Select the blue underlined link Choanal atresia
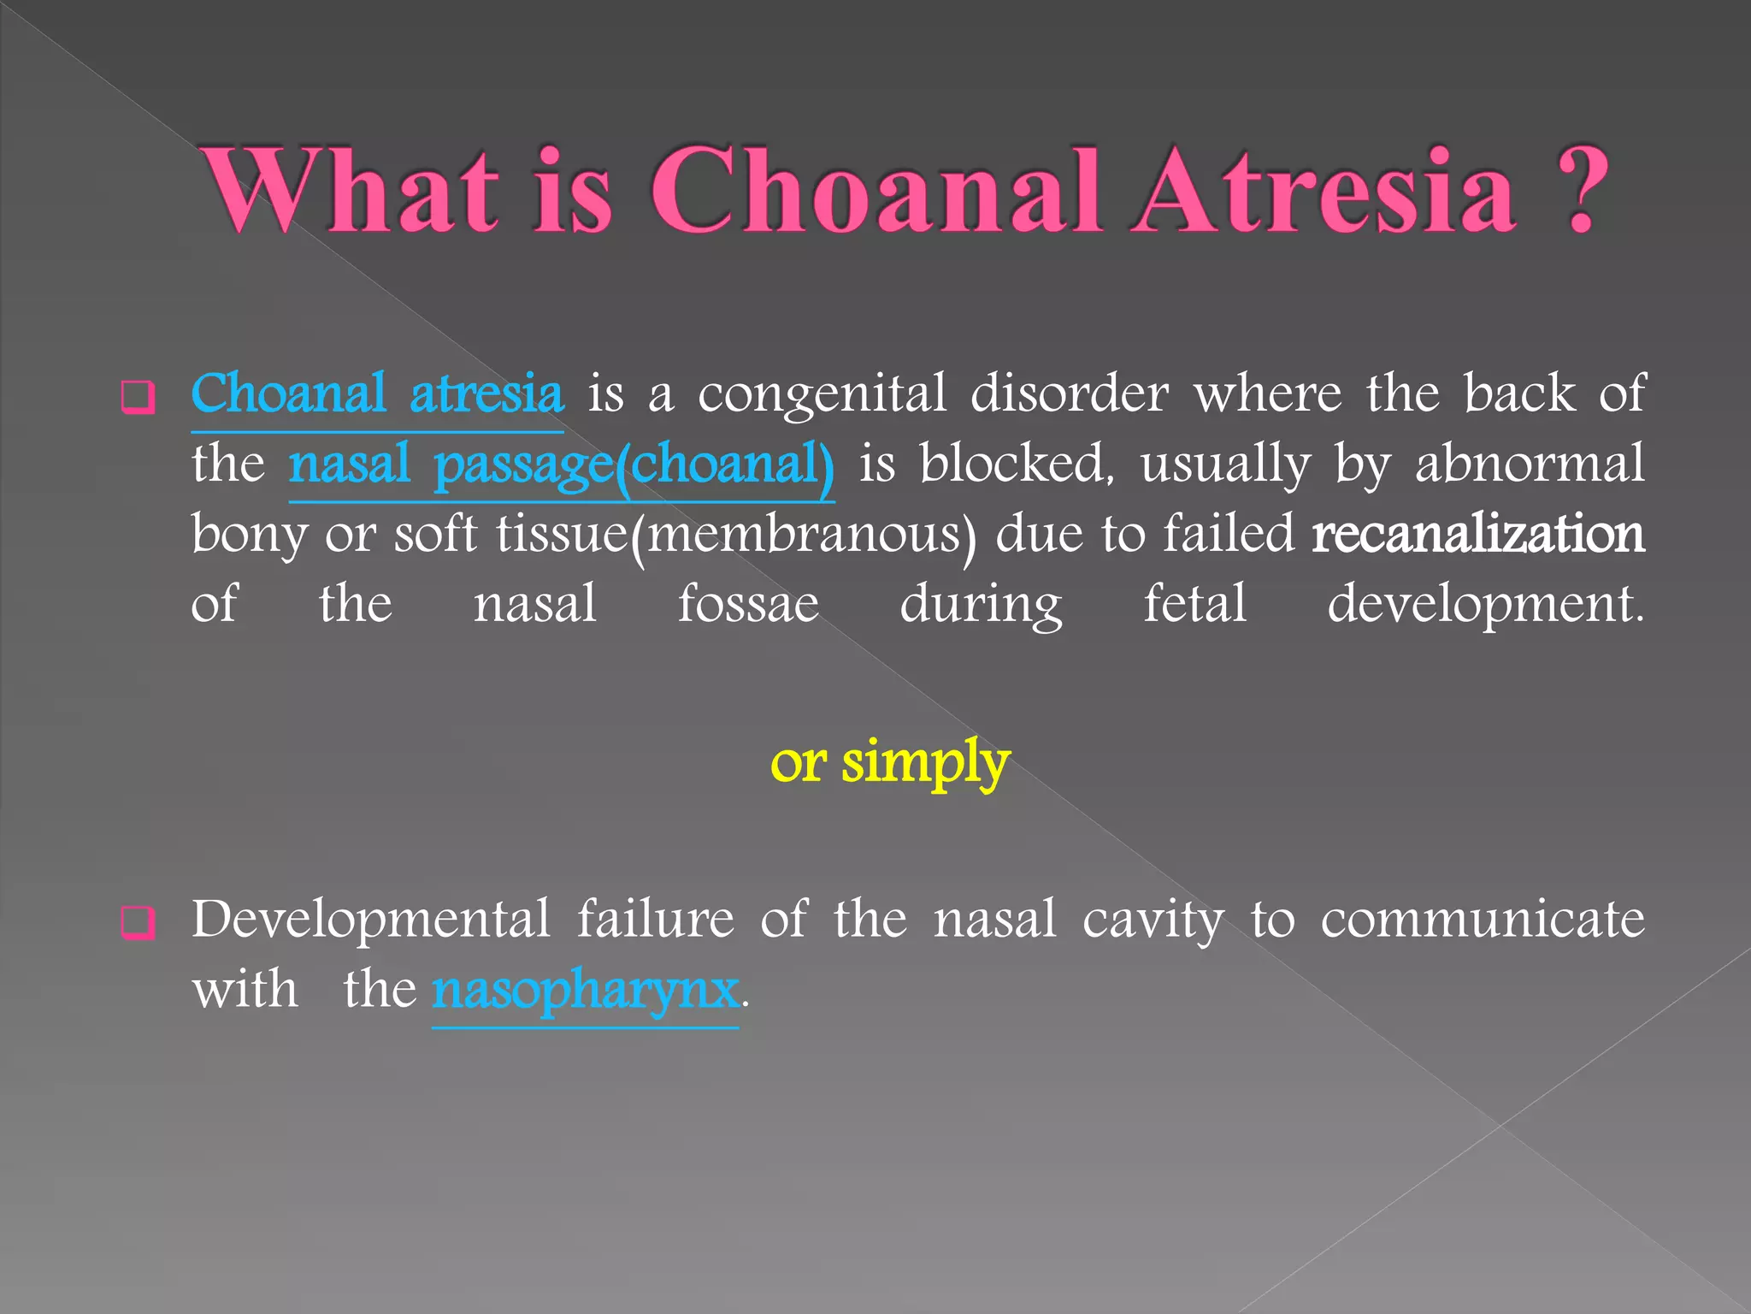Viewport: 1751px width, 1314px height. point(377,394)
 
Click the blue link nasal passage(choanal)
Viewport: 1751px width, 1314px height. point(561,465)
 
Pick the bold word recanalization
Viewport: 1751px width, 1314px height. point(1477,535)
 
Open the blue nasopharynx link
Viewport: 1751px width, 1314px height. point(585,990)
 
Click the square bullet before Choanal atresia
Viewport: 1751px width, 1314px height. point(138,397)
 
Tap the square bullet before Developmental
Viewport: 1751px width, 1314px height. point(138,922)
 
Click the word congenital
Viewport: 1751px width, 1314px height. point(822,394)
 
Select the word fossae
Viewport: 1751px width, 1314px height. point(748,604)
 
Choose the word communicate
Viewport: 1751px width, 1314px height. point(1482,920)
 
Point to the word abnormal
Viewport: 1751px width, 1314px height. point(1529,465)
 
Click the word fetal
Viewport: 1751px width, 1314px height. point(1194,604)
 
